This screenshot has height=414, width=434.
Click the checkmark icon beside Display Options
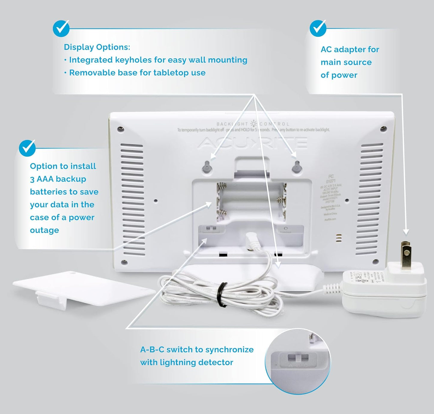[x=61, y=29]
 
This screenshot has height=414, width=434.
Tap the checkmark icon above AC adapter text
[x=318, y=29]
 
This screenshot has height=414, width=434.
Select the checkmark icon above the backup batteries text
[x=27, y=148]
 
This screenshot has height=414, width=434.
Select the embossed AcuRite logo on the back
[x=252, y=143]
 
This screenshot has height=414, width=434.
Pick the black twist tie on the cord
[x=223, y=294]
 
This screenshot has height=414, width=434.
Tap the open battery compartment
[x=251, y=201]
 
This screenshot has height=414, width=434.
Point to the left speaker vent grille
[x=132, y=200]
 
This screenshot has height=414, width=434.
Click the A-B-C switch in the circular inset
[x=298, y=358]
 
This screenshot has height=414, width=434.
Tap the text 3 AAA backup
[x=58, y=179]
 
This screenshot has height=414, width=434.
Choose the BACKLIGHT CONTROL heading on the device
[x=253, y=124]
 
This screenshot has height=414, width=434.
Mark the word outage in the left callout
[x=44, y=230]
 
